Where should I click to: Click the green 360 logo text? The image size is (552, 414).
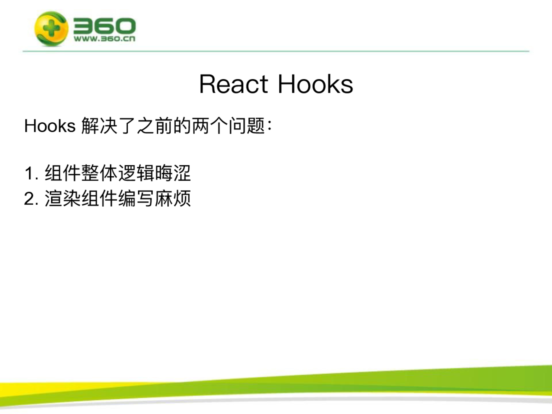coord(105,26)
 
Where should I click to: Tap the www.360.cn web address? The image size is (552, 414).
coord(105,38)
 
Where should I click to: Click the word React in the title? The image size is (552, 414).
coord(234,84)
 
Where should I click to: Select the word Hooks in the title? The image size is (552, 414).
coord(315,84)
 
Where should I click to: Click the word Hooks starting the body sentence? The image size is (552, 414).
coord(50,126)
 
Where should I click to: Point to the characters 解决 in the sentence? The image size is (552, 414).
coord(99,126)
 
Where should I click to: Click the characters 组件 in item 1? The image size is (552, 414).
coord(63,173)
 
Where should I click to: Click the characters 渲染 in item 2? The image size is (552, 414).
coord(63,198)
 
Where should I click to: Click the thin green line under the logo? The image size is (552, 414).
coord(276,51)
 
